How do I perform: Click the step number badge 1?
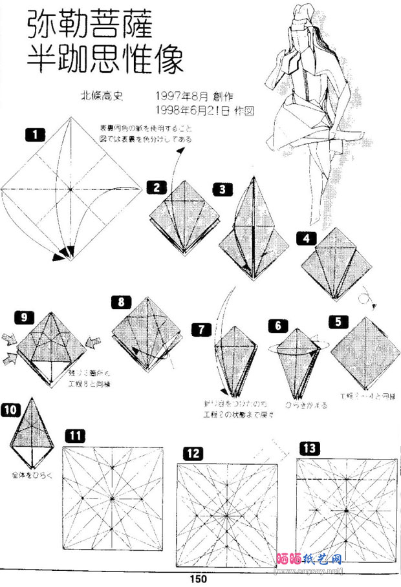[34, 134]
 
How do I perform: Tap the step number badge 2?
[157, 187]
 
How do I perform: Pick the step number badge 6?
[277, 325]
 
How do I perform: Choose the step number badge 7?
[202, 329]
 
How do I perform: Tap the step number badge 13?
[309, 447]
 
